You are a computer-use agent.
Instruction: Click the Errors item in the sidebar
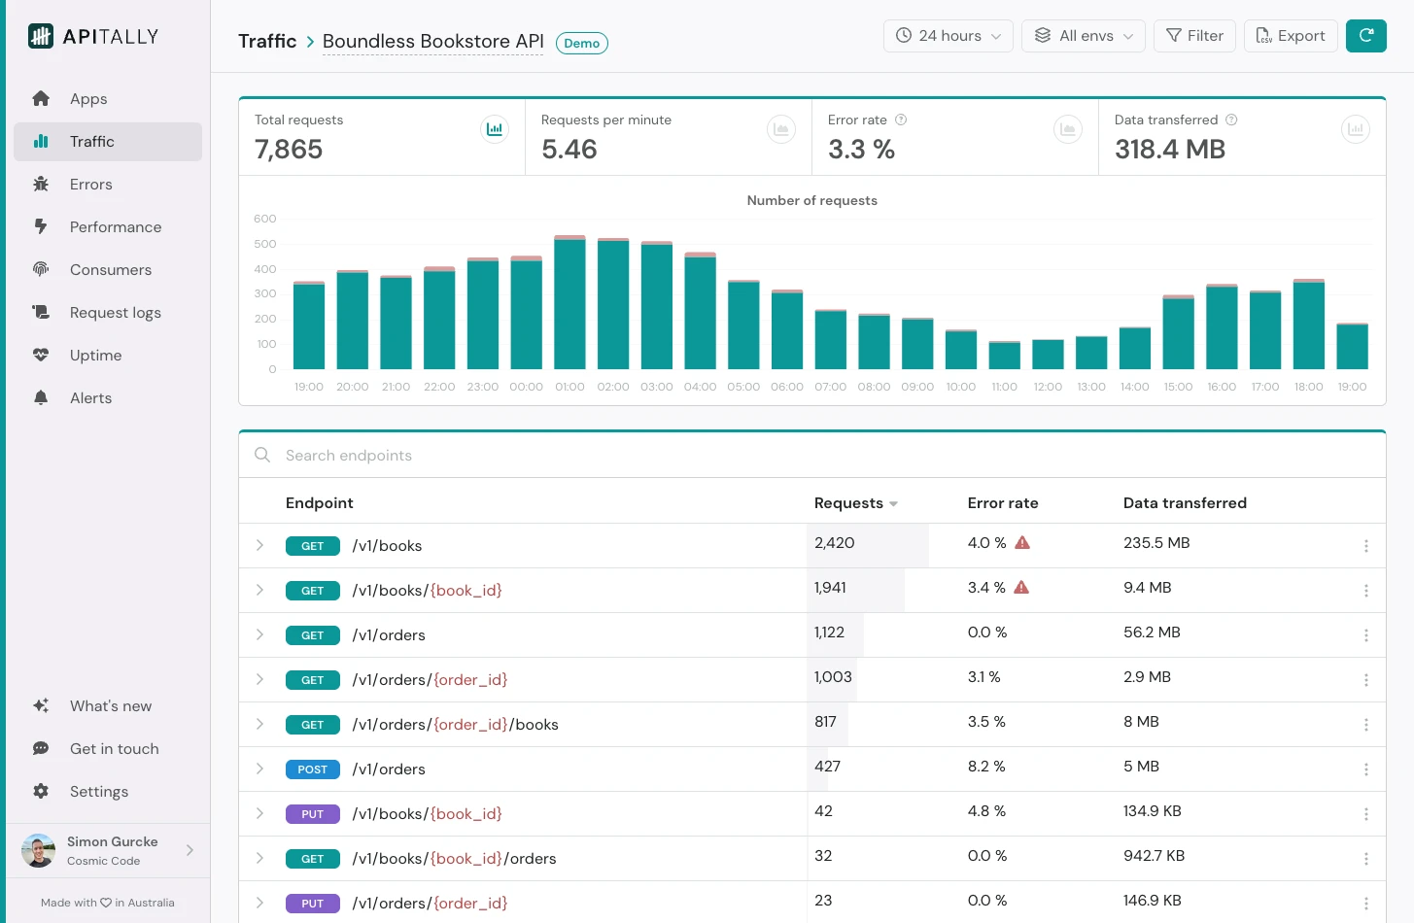(90, 185)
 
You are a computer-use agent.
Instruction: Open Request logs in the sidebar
(115, 313)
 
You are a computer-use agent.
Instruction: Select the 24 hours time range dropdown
(948, 36)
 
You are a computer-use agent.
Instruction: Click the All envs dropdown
(1083, 36)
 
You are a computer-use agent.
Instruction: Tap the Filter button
(1194, 36)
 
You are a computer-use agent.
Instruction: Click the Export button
(1290, 36)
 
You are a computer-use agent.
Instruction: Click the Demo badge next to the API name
(581, 44)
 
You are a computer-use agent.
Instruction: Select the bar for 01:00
(569, 303)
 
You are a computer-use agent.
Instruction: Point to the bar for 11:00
(1004, 356)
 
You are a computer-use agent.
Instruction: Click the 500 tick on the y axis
(265, 244)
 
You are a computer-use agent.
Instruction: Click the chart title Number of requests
(811, 201)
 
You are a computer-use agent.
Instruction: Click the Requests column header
(848, 503)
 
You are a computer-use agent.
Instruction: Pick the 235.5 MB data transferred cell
(1156, 543)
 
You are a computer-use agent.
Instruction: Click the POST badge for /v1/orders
(312, 769)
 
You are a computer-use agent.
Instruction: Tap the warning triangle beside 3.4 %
(1021, 588)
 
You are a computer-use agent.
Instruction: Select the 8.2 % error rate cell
(985, 767)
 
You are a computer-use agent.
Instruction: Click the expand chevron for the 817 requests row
(259, 725)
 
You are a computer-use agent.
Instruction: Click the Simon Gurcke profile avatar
(39, 851)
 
